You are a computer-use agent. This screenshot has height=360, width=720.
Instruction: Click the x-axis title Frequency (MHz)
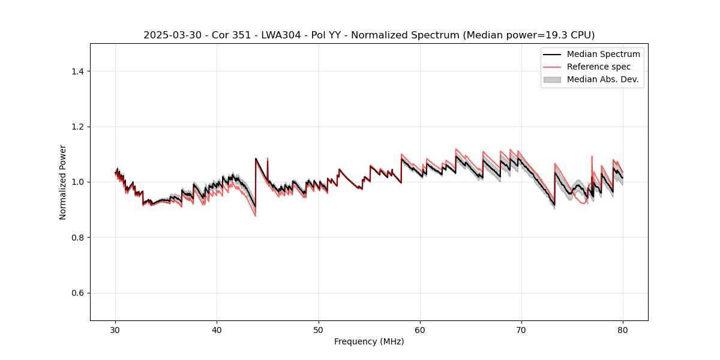tap(369, 342)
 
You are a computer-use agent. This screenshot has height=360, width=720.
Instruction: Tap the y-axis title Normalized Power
tap(63, 182)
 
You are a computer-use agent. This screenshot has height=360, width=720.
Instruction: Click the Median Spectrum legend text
tap(603, 54)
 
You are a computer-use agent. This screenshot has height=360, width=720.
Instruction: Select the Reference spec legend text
tap(598, 67)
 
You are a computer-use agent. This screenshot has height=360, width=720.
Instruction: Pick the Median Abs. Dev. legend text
tap(602, 79)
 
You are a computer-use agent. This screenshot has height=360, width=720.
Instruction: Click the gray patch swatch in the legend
tap(551, 79)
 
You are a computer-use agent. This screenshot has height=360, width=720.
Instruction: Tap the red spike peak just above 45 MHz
tap(268, 158)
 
